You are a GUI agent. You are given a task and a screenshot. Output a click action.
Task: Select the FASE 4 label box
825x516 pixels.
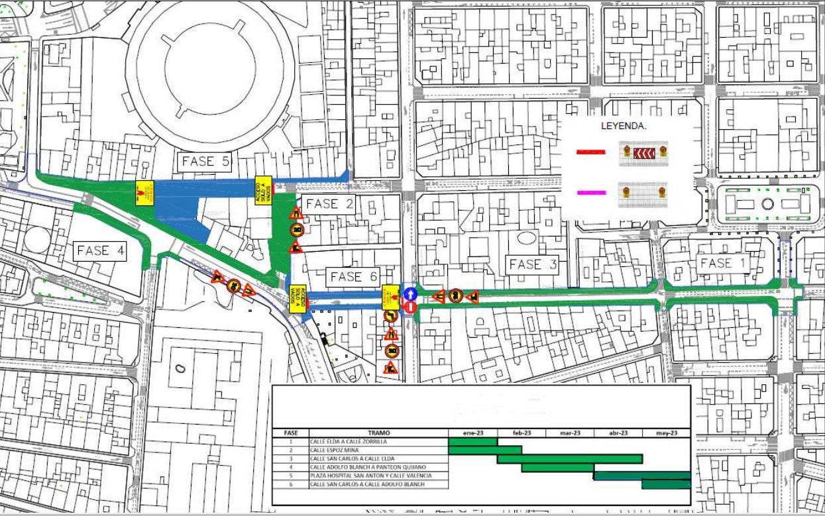(101, 250)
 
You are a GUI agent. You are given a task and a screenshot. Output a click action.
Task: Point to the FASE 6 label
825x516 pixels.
(355, 277)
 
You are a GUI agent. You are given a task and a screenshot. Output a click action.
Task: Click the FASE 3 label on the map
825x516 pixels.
(533, 264)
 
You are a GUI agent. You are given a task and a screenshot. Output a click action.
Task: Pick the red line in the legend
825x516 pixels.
(590, 152)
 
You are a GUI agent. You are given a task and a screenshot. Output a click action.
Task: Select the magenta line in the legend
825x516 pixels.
(590, 192)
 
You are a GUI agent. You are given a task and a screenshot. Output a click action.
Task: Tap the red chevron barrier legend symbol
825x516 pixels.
(643, 153)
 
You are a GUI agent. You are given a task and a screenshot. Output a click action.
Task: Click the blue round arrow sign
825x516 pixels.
(410, 293)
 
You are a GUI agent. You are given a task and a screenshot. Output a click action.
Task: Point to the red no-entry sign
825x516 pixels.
(410, 307)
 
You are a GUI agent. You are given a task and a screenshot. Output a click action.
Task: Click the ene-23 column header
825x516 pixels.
(472, 433)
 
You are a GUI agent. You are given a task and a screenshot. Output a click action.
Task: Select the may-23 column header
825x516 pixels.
(666, 433)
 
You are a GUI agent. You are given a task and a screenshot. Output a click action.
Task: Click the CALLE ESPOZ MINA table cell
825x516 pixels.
(378, 450)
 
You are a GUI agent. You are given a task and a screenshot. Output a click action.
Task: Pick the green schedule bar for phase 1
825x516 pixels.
(472, 441)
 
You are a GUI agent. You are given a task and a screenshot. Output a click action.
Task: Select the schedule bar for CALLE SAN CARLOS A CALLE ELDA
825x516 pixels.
(570, 458)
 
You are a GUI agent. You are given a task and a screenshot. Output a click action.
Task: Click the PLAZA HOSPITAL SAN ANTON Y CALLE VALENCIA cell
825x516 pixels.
(378, 476)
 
